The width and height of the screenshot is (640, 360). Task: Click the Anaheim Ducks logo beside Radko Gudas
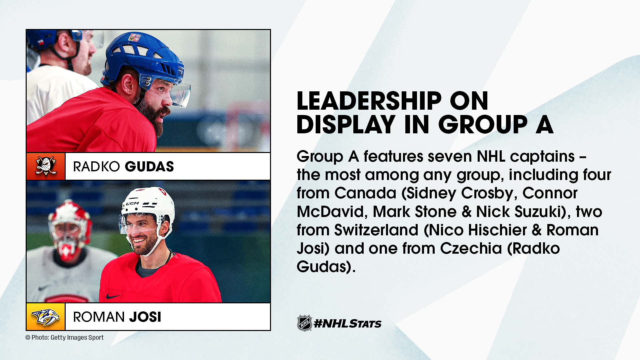(46, 166)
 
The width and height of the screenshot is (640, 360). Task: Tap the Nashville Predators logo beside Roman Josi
(46, 317)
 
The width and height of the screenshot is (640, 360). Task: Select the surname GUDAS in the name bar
(149, 167)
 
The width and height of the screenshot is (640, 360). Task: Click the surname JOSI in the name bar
(145, 317)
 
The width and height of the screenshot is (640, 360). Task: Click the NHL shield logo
(304, 323)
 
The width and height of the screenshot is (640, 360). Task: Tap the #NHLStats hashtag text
(348, 323)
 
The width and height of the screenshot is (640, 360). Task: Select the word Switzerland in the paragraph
(376, 230)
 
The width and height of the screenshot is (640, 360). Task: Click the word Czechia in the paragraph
(471, 248)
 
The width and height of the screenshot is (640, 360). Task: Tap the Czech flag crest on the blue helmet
(135, 37)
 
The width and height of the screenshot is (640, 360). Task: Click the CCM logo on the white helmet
(132, 203)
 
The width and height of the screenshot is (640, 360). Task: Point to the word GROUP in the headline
(483, 125)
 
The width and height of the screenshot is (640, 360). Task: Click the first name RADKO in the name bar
(96, 167)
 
